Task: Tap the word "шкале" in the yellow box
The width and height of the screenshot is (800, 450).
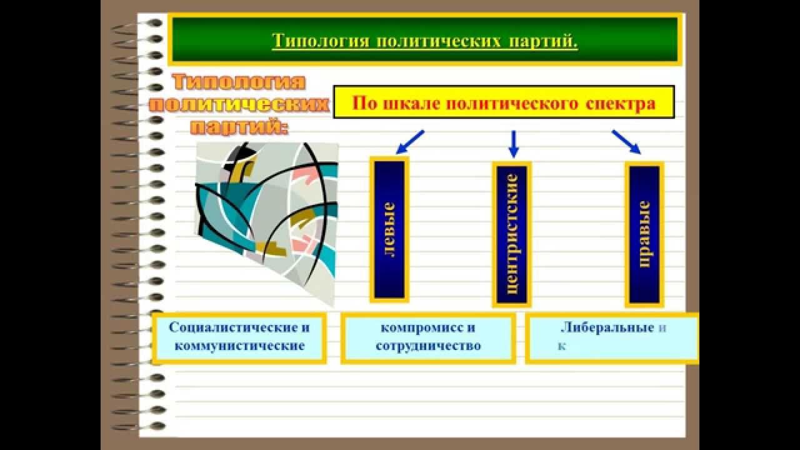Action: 406,103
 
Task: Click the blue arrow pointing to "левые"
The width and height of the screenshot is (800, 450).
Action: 410,142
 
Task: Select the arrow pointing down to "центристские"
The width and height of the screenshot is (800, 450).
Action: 514,144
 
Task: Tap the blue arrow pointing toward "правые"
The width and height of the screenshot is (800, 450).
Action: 626,142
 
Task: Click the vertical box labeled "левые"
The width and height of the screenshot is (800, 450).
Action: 389,229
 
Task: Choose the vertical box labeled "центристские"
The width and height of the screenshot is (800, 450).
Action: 512,234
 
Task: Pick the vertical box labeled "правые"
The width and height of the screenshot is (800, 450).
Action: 644,234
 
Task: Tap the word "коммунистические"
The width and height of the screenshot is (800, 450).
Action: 239,345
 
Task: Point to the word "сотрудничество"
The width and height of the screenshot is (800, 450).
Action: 428,345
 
